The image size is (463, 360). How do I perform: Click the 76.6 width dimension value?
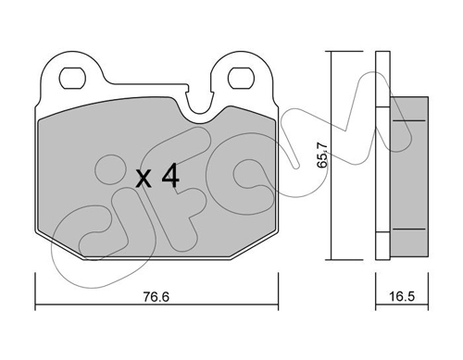tap(156, 297)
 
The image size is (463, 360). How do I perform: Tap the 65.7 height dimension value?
tap(322, 155)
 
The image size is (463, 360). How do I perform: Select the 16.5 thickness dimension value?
tap(402, 297)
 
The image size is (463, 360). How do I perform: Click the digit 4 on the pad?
tap(170, 176)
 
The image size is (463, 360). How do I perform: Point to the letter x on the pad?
tap(144, 180)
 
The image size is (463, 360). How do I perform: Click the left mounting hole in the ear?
tap(72, 78)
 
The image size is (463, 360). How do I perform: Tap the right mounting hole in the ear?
tap(241, 78)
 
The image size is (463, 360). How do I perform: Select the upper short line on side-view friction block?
tap(409, 120)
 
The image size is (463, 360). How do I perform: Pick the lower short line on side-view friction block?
tap(409, 229)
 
